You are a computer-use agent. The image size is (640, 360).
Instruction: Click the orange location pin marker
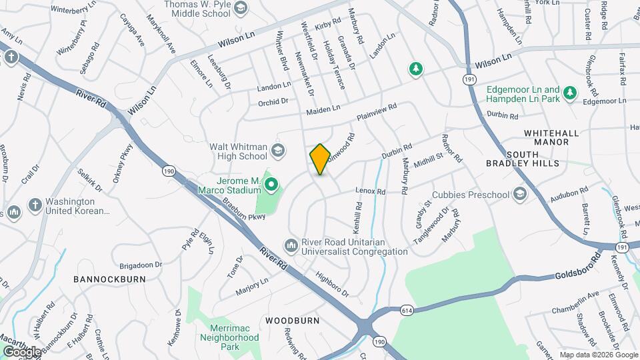coord(320,159)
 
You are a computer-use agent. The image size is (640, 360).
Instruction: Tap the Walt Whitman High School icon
coord(277,151)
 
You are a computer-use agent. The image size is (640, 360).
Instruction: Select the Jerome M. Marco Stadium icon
coord(271,182)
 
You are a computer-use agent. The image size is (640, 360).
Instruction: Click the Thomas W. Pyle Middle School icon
coord(240,9)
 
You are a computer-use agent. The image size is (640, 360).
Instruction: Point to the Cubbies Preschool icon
coord(519,195)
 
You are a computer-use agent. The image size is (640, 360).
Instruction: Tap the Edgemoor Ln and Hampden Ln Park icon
coord(569,94)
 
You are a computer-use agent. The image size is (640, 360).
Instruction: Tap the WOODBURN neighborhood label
coord(292,321)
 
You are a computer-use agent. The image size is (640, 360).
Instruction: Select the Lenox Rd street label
coord(371,191)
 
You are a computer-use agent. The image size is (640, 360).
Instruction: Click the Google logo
coord(22,351)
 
